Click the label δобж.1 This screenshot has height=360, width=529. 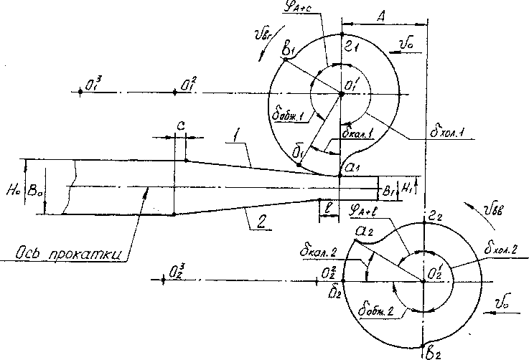[285, 115]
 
